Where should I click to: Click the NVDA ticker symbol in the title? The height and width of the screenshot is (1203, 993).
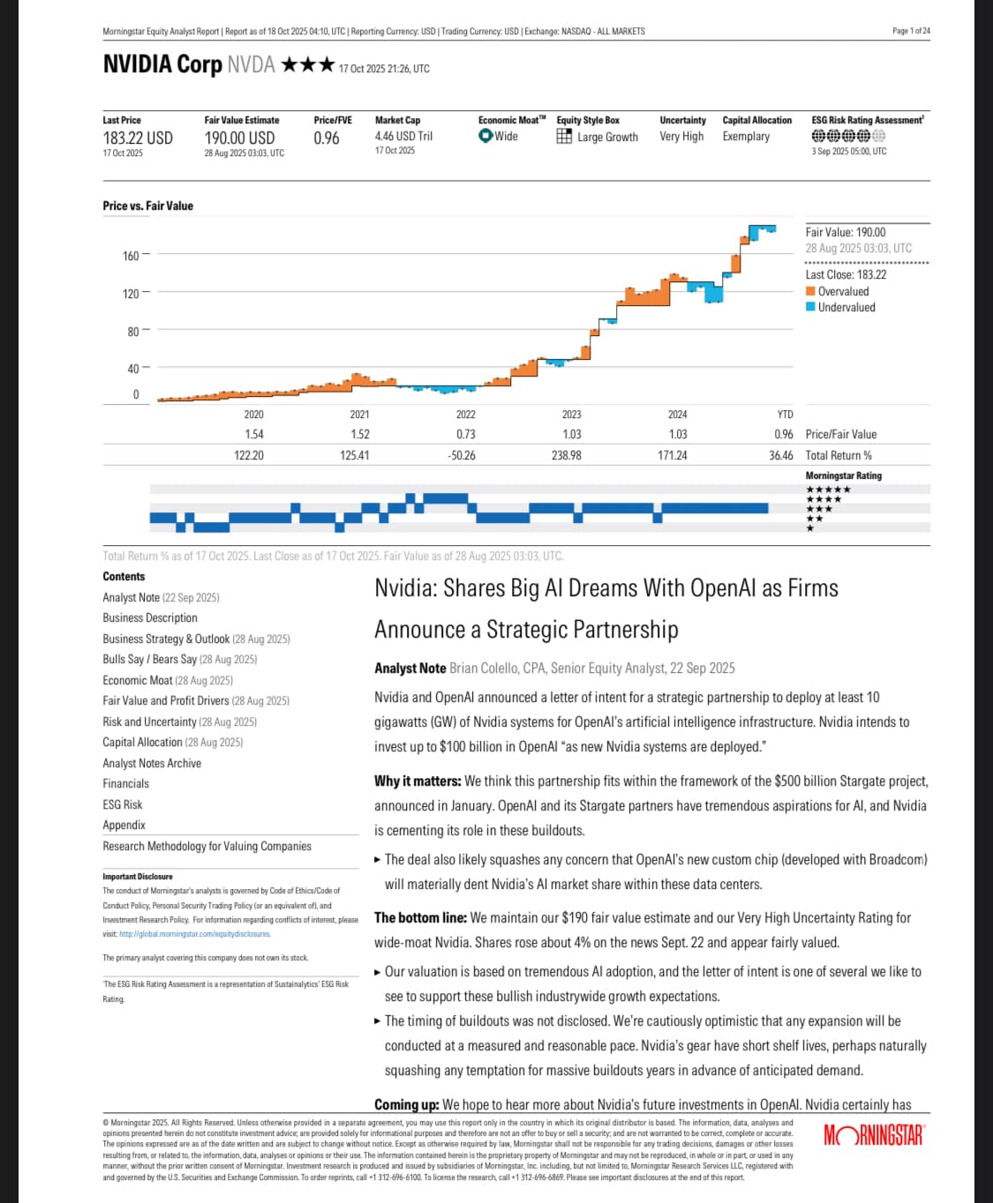pyautogui.click(x=251, y=65)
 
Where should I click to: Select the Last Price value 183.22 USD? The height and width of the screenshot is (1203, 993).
pyautogui.click(x=138, y=138)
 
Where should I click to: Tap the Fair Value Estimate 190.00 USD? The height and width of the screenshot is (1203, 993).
pyautogui.click(x=239, y=138)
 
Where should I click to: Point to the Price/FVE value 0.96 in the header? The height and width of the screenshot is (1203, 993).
pyautogui.click(x=327, y=138)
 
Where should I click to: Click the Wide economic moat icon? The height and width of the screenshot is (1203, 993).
pyautogui.click(x=485, y=136)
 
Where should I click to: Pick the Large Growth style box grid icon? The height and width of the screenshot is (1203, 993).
pyautogui.click(x=564, y=137)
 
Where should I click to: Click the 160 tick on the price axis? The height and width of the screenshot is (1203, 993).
pyautogui.click(x=131, y=256)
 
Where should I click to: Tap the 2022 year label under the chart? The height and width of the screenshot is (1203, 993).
pyautogui.click(x=465, y=415)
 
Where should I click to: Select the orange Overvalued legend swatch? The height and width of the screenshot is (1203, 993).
pyautogui.click(x=810, y=292)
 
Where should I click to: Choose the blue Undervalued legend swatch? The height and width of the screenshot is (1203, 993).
pyautogui.click(x=810, y=307)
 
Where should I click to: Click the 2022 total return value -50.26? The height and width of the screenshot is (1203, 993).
pyautogui.click(x=462, y=456)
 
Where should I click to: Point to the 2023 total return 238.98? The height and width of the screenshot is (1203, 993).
pyautogui.click(x=567, y=456)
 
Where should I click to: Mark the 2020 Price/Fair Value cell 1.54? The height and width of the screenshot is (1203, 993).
pyautogui.click(x=254, y=435)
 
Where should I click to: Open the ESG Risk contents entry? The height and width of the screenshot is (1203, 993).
pyautogui.click(x=123, y=804)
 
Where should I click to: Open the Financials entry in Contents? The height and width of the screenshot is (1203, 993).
pyautogui.click(x=125, y=783)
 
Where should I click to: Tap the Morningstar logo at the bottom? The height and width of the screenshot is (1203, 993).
pyautogui.click(x=874, y=1135)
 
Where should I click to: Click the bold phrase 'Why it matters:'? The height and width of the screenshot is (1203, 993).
pyautogui.click(x=418, y=781)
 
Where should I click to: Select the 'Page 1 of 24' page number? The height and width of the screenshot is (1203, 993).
pyautogui.click(x=911, y=31)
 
